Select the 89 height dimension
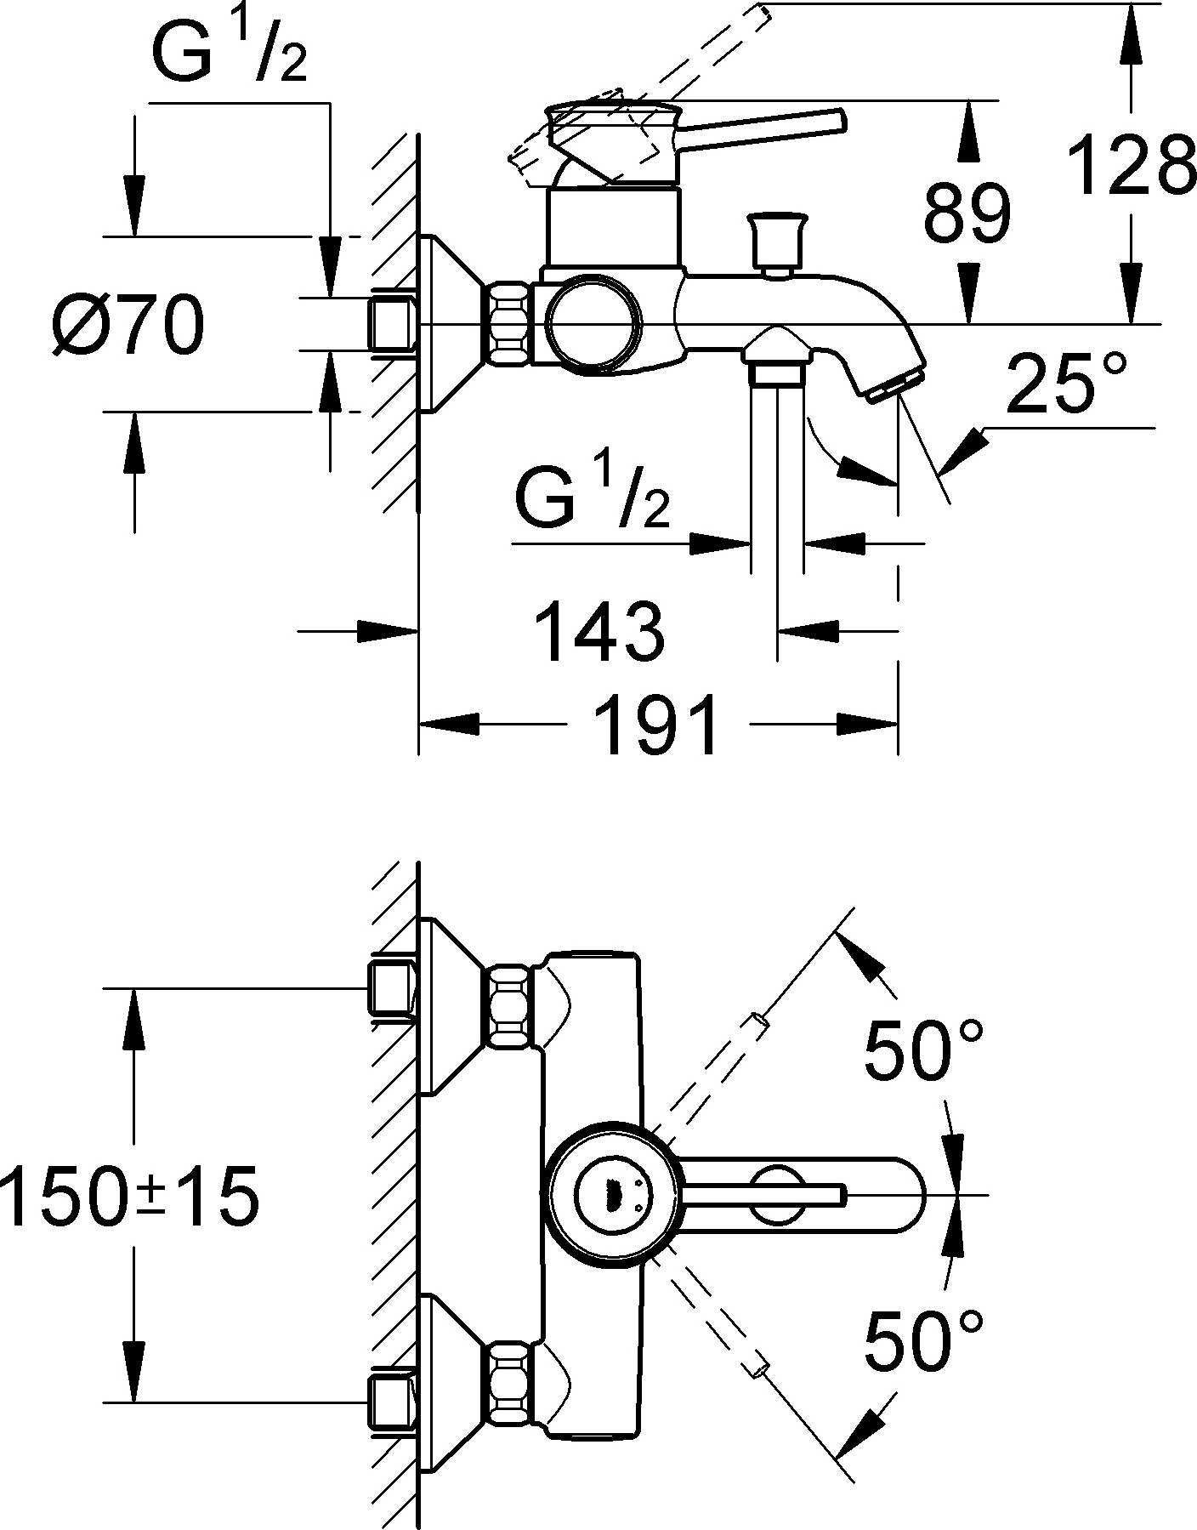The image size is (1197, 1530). click(x=967, y=213)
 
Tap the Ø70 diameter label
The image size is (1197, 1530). click(x=128, y=326)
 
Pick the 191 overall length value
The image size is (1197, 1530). click(x=656, y=725)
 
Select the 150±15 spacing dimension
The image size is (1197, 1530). click(x=129, y=1197)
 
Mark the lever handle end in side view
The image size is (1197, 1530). click(x=837, y=120)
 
